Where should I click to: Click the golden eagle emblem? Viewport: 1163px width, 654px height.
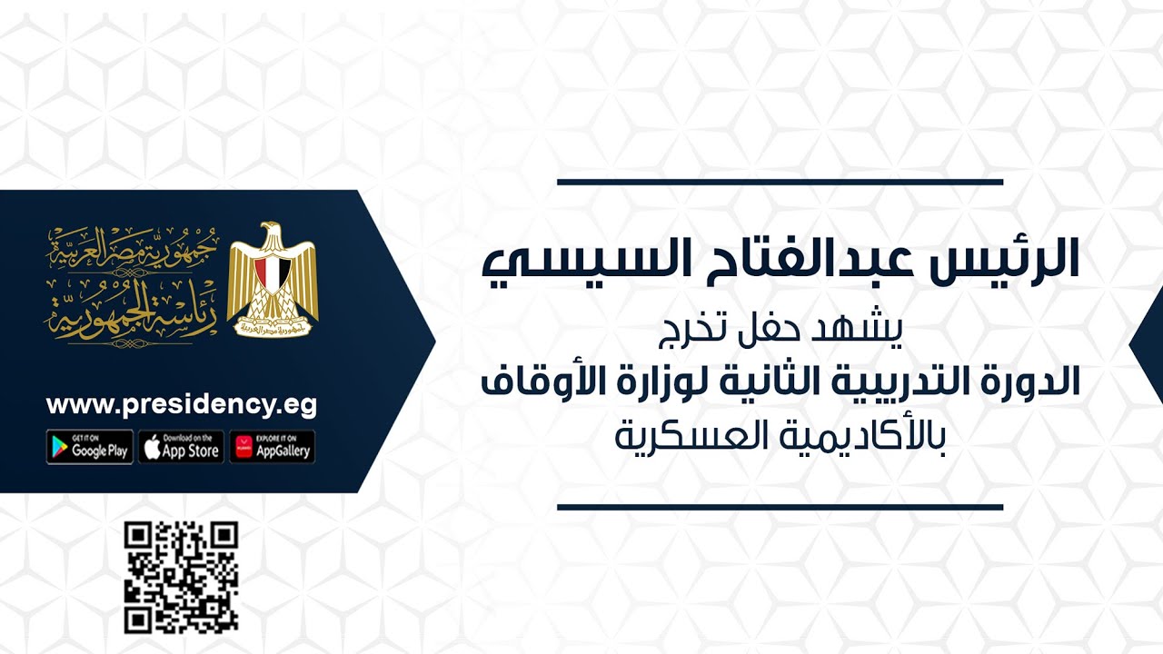(x=272, y=278)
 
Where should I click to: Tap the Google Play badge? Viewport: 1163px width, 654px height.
(x=90, y=447)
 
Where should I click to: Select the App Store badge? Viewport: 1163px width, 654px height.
(x=181, y=447)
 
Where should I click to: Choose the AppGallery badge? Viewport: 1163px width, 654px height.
(x=272, y=447)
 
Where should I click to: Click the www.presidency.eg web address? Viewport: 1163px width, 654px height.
(x=182, y=405)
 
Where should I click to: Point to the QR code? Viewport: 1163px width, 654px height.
(x=181, y=578)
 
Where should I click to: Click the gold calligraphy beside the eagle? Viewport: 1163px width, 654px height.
(x=126, y=283)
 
